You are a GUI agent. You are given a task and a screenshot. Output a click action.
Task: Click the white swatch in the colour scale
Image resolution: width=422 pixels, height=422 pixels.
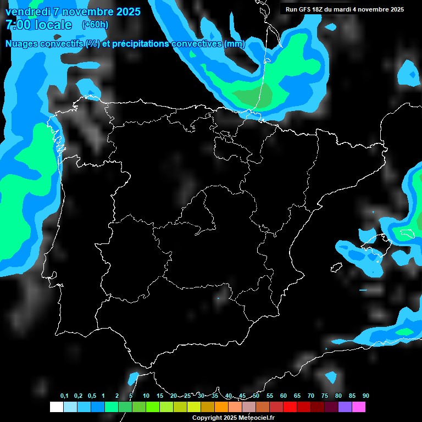[x=56, y=407]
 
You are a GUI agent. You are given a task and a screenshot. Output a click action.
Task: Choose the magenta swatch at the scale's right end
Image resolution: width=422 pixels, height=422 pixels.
[x=359, y=407]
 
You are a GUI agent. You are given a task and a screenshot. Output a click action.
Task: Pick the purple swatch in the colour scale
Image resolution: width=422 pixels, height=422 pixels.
[x=345, y=407]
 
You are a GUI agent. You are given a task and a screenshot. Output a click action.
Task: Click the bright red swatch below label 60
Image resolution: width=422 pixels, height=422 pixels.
[x=290, y=407]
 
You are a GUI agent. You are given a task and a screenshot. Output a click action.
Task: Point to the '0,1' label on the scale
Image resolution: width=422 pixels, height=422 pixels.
[x=64, y=396]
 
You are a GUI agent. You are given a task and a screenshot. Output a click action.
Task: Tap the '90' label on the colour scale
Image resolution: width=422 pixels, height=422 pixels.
[x=366, y=396]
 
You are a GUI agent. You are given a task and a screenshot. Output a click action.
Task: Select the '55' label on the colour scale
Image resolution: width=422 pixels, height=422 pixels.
[x=270, y=396]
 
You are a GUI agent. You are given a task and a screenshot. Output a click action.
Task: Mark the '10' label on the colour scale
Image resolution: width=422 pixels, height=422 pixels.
[x=146, y=396]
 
